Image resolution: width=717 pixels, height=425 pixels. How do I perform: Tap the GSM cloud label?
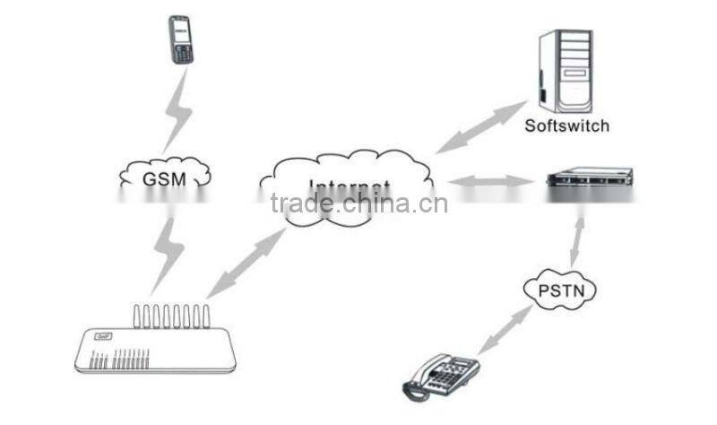pos(164,178)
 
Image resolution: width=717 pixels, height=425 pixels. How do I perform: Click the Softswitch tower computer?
pos(567,70)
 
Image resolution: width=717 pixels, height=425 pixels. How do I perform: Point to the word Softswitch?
pos(567,126)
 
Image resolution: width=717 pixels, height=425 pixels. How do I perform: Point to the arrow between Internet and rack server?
pos(488,182)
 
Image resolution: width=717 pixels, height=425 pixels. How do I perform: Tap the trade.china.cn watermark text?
pos(358,204)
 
